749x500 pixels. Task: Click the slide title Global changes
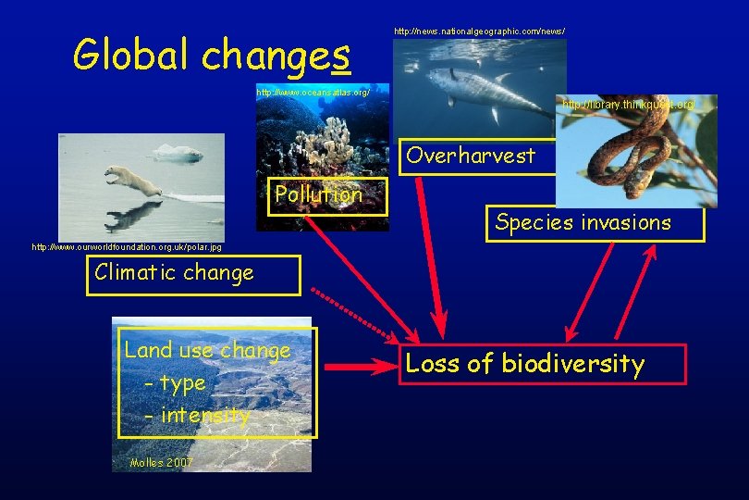click(212, 56)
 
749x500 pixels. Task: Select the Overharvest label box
click(471, 156)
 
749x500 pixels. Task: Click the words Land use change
click(207, 350)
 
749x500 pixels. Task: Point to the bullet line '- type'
click(175, 382)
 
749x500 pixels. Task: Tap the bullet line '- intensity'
click(196, 416)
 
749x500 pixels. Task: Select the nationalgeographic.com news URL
click(479, 31)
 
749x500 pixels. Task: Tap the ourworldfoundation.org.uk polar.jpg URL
click(127, 247)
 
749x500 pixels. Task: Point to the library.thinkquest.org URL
click(628, 106)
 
